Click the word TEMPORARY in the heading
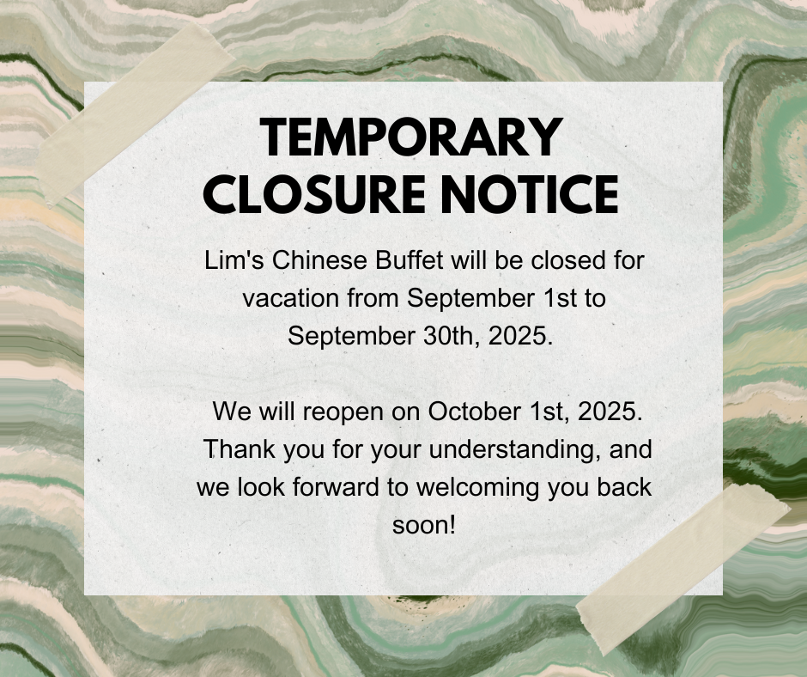(411, 137)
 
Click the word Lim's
(234, 260)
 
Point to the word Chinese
(319, 260)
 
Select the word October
(474, 412)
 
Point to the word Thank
(239, 449)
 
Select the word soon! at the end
(424, 525)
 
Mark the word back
(624, 487)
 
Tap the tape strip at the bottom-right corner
(683, 570)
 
